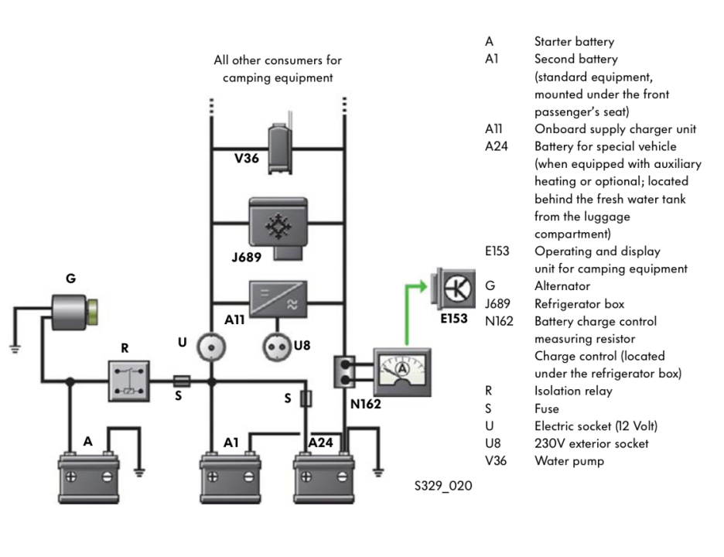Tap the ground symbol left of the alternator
[12, 346]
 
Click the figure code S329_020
[443, 487]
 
